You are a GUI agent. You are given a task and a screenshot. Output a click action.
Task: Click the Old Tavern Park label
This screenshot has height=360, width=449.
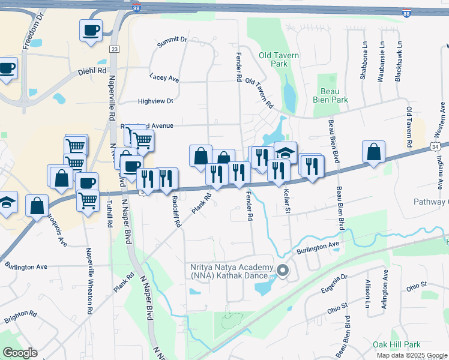279,59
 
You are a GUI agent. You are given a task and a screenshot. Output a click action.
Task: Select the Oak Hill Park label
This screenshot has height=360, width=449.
396,344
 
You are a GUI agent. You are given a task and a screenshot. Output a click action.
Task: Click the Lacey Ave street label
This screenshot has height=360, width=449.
164,79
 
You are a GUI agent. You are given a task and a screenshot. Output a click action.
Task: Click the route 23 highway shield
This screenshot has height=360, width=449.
114,48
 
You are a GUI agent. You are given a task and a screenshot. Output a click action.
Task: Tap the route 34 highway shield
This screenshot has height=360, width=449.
443,146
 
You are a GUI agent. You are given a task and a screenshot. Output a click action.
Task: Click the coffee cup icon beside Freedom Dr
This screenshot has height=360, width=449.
91,30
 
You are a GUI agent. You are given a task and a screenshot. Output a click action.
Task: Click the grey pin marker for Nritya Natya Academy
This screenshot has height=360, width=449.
284,272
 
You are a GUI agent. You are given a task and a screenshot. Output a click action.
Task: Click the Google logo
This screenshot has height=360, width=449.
20,353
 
